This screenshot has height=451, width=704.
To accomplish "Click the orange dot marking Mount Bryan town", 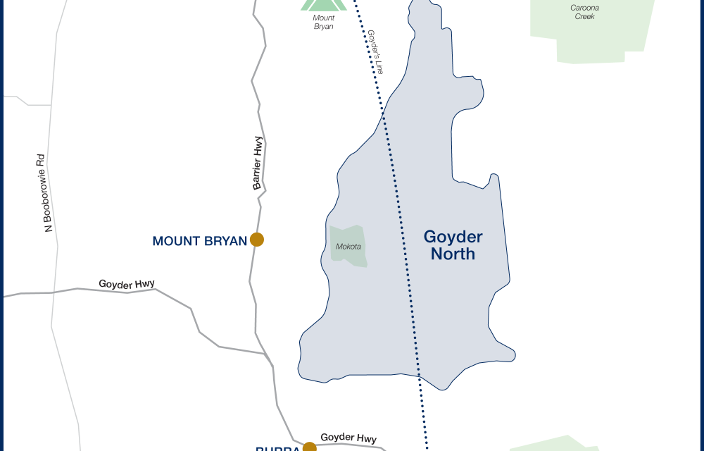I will (257, 240).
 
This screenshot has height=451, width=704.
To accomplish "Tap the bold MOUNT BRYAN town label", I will (199, 241).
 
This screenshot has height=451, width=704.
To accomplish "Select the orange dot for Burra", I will (310, 447).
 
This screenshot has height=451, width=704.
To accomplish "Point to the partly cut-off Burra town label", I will (278, 447).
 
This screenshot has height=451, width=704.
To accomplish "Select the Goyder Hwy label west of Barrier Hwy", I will (127, 284).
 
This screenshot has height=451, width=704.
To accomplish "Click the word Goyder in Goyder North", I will (453, 237).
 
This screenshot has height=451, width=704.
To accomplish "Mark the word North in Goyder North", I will (453, 254).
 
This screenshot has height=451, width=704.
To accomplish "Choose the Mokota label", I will (348, 247).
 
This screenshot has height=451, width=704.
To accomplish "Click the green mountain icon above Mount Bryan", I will (324, 5).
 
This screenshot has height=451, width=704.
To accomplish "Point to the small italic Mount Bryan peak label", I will (324, 23).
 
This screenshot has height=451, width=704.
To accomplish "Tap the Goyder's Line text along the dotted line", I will (375, 52).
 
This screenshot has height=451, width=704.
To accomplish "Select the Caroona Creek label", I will (584, 12).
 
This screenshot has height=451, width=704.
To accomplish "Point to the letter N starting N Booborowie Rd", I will (49, 227).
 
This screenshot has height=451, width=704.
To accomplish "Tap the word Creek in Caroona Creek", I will (584, 16).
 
